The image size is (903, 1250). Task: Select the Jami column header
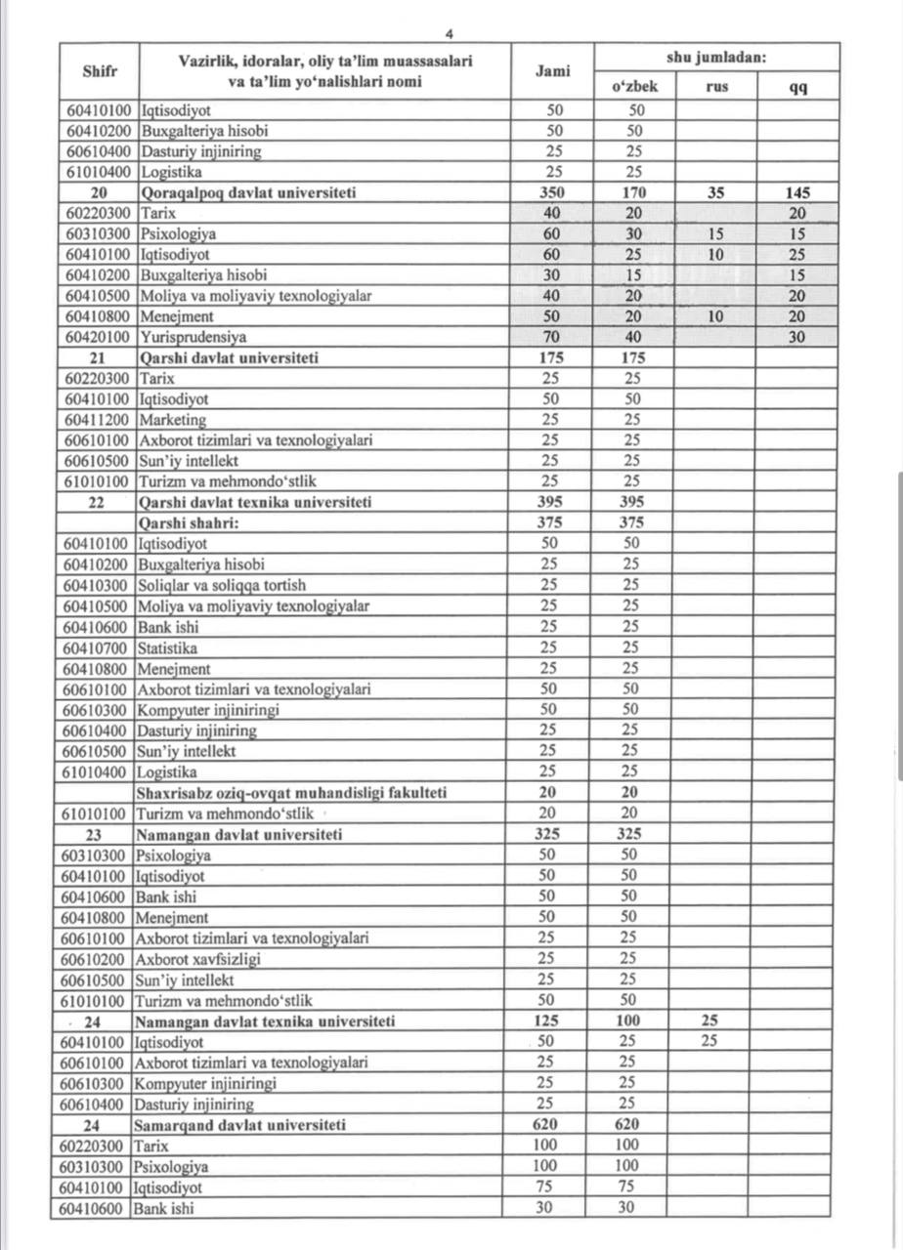click(x=552, y=70)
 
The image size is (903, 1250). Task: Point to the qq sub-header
click(x=797, y=86)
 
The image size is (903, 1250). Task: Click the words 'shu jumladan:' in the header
click(x=716, y=58)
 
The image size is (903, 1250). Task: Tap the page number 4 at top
click(x=449, y=33)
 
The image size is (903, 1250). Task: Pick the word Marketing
click(x=173, y=420)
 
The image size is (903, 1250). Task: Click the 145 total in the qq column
click(x=797, y=193)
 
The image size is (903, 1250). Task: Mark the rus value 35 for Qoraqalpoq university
click(x=716, y=193)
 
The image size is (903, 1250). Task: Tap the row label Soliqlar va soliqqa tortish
click(x=221, y=585)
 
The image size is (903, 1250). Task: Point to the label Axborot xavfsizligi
click(x=197, y=959)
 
